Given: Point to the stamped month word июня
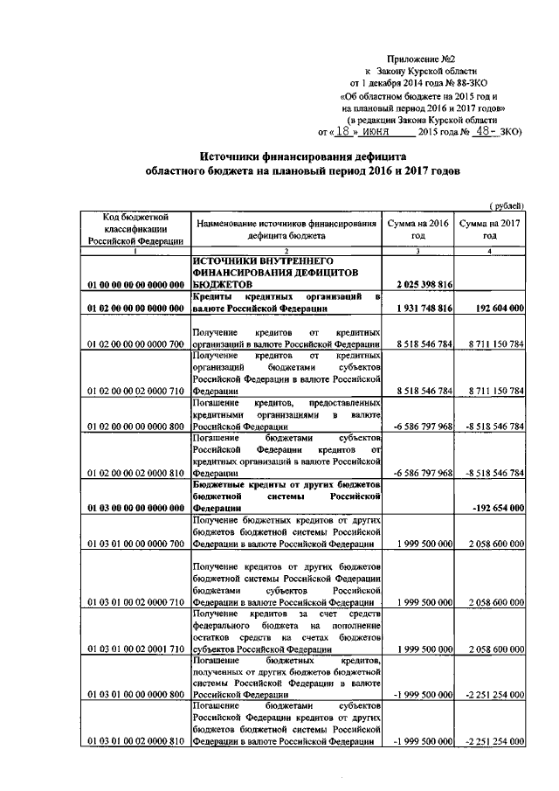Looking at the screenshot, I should click(x=379, y=133).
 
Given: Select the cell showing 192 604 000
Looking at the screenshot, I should click(x=494, y=309).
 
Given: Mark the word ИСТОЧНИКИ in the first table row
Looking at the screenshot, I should click(x=230, y=261).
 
